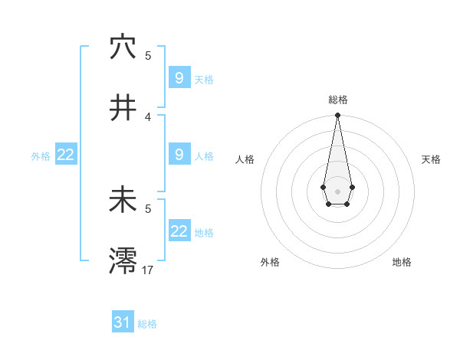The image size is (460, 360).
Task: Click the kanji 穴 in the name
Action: [x=123, y=47]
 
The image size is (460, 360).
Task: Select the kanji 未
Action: [x=123, y=201]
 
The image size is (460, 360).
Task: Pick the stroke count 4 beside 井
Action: [x=148, y=116]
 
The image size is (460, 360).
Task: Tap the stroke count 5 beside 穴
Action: [x=148, y=55]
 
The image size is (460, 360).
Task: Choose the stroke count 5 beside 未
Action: [x=148, y=208]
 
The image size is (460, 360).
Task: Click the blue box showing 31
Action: [x=123, y=322]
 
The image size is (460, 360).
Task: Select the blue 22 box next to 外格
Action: [x=66, y=155]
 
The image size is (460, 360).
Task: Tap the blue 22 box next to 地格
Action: [x=179, y=231]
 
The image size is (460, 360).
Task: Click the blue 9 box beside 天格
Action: [x=179, y=78]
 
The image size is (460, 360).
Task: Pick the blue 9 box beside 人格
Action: [x=179, y=155]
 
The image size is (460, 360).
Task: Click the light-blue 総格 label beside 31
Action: [x=147, y=324]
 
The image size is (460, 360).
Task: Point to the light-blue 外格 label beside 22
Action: [x=41, y=155]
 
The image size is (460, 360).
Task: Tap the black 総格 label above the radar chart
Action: [x=337, y=100]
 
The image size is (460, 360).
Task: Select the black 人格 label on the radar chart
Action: [x=245, y=159]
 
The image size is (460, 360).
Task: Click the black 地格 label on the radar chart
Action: [x=402, y=262]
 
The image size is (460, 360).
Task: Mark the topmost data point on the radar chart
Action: [x=337, y=116]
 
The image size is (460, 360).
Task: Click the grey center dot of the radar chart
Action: [x=337, y=190]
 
